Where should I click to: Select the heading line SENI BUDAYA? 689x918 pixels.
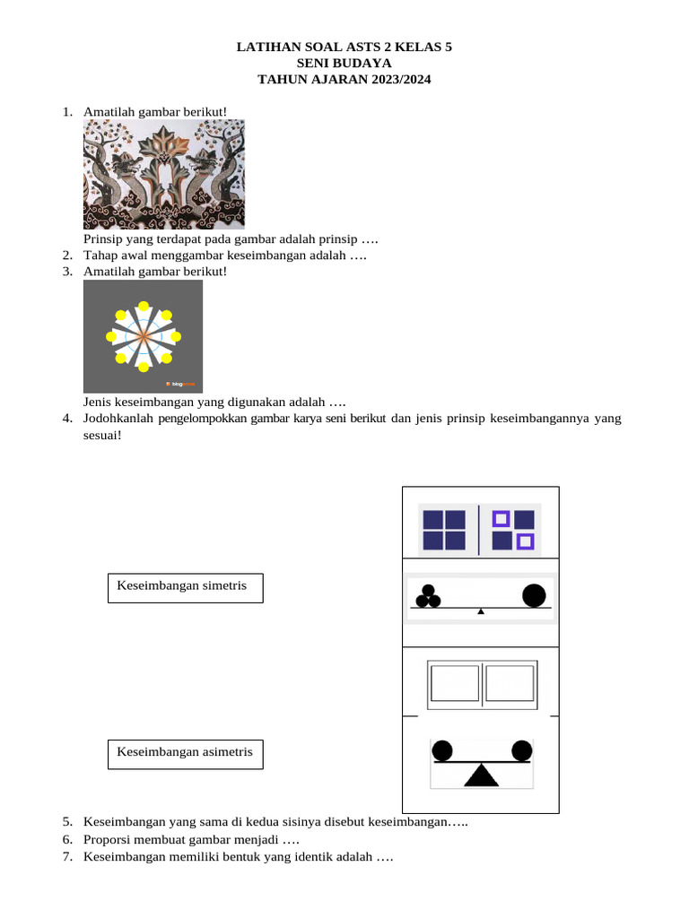point(344,64)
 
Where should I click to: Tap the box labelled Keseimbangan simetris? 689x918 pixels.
point(185,588)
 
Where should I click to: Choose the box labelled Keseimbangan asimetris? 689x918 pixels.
point(185,753)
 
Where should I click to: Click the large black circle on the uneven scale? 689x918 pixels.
point(534,595)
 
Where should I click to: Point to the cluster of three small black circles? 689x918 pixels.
point(426,596)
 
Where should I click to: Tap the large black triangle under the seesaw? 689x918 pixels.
point(482,775)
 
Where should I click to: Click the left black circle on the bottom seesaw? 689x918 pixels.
point(441,749)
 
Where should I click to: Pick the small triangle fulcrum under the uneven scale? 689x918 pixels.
point(481,611)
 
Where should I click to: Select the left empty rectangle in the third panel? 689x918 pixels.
point(455,683)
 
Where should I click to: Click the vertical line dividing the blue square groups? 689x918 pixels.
point(479,529)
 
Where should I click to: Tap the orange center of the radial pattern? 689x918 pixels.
point(143,336)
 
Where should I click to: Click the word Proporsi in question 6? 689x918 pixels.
point(109,840)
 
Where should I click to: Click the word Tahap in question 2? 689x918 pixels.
point(100,255)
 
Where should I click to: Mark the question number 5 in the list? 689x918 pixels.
point(67,822)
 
